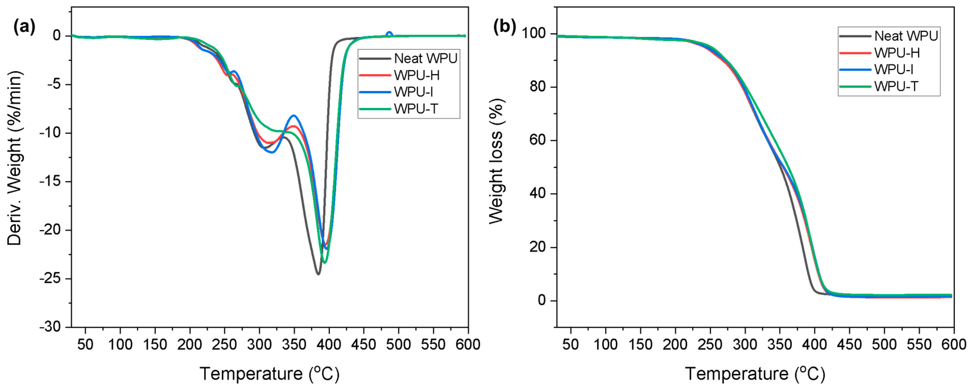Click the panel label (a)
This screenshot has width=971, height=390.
coord(24,27)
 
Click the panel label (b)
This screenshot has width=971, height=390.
coord(504,27)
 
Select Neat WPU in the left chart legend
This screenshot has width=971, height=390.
coord(425,59)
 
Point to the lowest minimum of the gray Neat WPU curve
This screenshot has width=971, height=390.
coord(318,274)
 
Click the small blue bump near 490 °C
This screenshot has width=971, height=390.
coord(389,33)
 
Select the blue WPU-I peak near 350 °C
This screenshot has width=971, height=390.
coord(294,115)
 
